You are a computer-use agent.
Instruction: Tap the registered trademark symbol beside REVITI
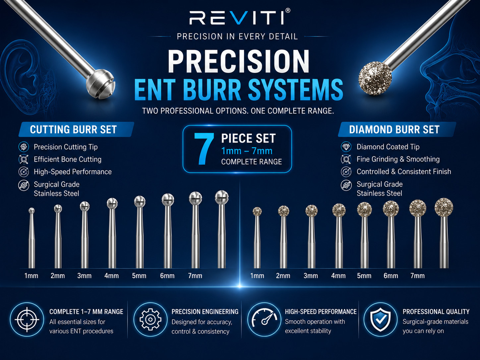(x=288, y=11)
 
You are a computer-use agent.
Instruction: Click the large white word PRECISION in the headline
(x=239, y=61)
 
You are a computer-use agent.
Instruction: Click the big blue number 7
(x=204, y=149)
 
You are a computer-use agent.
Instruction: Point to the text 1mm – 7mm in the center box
(x=247, y=151)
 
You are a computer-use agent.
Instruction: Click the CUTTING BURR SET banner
(x=76, y=129)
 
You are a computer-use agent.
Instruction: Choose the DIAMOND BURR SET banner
(x=397, y=129)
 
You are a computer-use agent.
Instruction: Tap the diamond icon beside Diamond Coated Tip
(x=346, y=147)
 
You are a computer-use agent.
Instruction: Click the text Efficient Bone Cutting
(x=68, y=159)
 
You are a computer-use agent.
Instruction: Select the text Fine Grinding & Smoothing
(x=398, y=159)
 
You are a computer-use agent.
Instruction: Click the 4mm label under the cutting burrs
(x=111, y=276)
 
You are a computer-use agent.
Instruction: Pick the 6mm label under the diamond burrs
(x=391, y=276)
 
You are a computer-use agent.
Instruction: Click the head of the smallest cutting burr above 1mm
(x=31, y=210)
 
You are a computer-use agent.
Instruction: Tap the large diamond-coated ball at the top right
(x=375, y=78)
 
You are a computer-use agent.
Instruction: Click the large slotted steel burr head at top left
(x=100, y=84)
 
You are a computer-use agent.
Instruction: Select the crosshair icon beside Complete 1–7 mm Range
(x=27, y=320)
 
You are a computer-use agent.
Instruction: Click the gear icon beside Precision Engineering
(x=150, y=320)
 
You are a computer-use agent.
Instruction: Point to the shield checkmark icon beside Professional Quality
(x=381, y=320)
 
